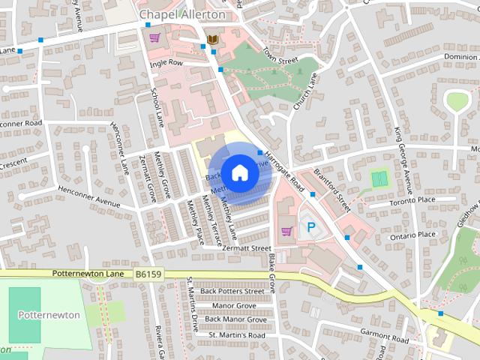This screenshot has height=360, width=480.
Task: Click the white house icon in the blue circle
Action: click(x=239, y=172)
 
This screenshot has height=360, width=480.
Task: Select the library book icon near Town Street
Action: click(x=213, y=39)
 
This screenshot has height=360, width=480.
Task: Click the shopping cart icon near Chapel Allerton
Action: click(x=154, y=37)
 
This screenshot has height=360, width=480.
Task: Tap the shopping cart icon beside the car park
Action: click(x=286, y=231)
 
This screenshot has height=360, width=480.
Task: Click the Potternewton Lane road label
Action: click(x=88, y=274)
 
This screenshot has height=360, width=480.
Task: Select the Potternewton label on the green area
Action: click(x=49, y=315)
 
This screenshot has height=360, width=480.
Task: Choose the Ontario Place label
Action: click(x=412, y=235)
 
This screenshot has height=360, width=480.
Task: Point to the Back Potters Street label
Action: click(x=235, y=291)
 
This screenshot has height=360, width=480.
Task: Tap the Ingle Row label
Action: click(x=166, y=64)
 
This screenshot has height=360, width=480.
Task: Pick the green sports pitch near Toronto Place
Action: click(x=380, y=180)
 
